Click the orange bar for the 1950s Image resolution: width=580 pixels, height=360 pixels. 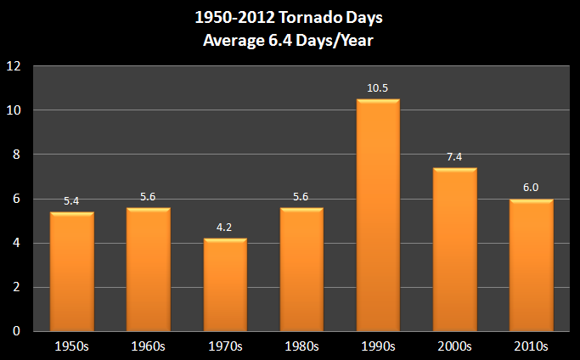(x=72, y=272)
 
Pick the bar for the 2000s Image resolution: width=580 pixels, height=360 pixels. (x=454, y=250)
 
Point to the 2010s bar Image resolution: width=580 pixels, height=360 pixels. (x=531, y=265)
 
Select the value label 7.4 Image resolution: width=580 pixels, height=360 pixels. (x=454, y=158)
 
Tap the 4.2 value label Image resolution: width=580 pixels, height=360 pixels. (x=225, y=228)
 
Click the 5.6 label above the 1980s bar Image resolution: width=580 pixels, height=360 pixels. (x=301, y=198)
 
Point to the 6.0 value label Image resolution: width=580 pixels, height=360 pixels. (x=531, y=188)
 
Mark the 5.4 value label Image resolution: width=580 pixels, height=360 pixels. (x=72, y=202)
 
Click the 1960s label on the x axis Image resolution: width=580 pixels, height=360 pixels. (x=149, y=346)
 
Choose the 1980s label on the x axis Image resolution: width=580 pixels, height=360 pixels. (x=301, y=346)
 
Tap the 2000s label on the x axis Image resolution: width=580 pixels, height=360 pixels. (x=454, y=346)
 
